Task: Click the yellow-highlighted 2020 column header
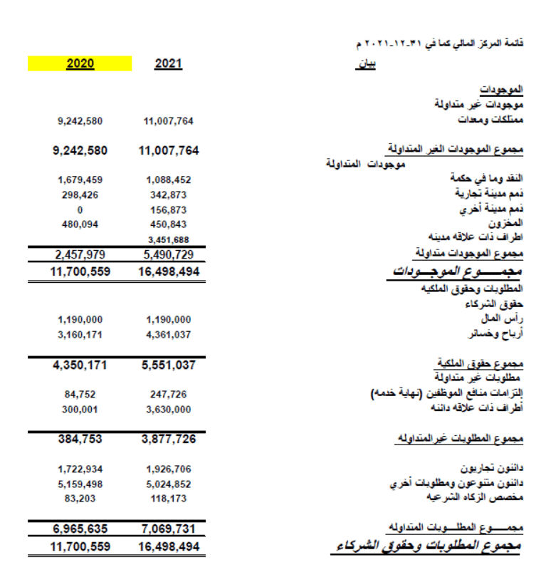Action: click(x=80, y=64)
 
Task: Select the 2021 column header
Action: click(x=168, y=64)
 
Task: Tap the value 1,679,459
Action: click(x=80, y=180)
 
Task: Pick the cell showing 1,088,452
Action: click(x=168, y=180)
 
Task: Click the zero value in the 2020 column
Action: click(x=80, y=209)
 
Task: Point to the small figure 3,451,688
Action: click(x=168, y=240)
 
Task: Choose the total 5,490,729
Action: click(x=168, y=254)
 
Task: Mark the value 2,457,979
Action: click(x=80, y=254)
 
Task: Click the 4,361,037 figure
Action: click(x=168, y=334)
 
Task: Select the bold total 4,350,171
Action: click(x=80, y=365)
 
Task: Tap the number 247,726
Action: click(x=168, y=394)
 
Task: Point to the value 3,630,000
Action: click(x=168, y=409)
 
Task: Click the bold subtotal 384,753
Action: click(x=80, y=440)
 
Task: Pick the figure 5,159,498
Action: click(x=80, y=484)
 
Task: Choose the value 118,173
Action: click(x=168, y=499)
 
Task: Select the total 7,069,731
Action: click(x=168, y=529)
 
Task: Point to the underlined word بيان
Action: click(x=366, y=65)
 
